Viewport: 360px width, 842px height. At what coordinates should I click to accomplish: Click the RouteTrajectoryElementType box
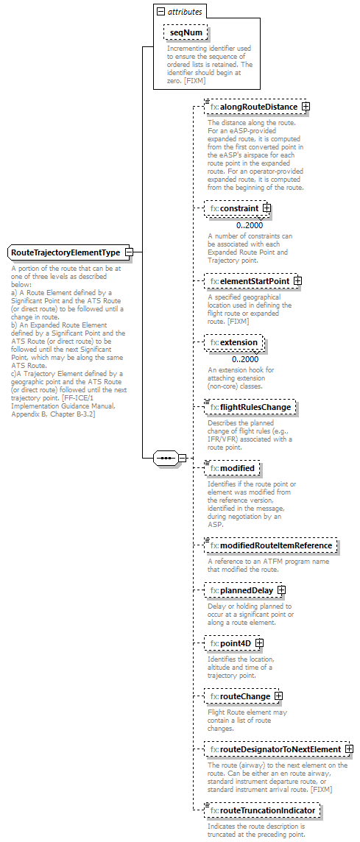coord(66,252)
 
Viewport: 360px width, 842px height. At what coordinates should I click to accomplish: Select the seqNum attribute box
coord(186,33)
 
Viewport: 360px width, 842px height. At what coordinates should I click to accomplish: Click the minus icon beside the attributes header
coord(160,13)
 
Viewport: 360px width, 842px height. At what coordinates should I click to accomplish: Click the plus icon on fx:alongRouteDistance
coord(306,107)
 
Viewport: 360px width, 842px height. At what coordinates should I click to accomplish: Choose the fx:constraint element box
coord(233,209)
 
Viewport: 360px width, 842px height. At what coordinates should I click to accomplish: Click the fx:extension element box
coord(234,343)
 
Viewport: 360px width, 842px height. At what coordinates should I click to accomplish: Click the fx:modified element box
coord(232,468)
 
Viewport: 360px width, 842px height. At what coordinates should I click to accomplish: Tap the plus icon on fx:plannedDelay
coord(281,590)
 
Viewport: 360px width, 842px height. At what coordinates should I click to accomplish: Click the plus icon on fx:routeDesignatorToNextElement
coord(348,749)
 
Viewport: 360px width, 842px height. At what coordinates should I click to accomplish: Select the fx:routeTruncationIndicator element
coord(263,811)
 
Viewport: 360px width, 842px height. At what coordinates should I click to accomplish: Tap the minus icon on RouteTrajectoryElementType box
coord(129,252)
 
